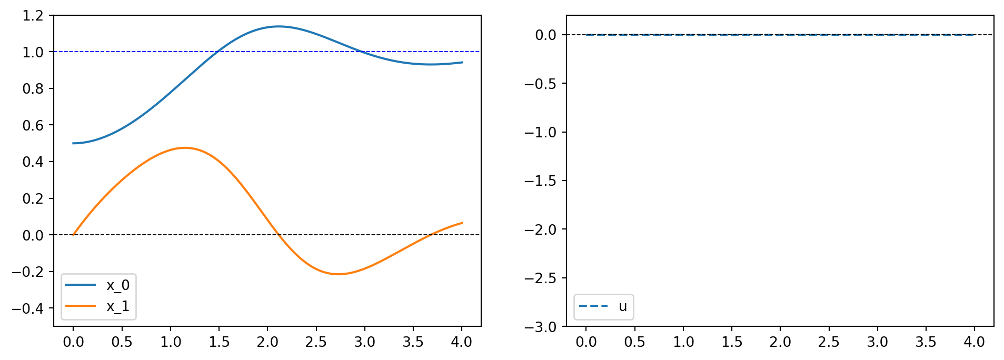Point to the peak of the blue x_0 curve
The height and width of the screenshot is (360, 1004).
pyautogui.click(x=278, y=26)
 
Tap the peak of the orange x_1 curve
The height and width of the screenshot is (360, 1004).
pyautogui.click(x=185, y=148)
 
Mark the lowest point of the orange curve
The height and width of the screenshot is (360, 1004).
pyautogui.click(x=338, y=274)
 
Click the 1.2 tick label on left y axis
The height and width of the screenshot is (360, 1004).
pyautogui.click(x=33, y=15)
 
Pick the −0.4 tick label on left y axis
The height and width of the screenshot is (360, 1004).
pyautogui.click(x=28, y=308)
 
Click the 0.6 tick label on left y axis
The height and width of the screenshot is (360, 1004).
pyautogui.click(x=33, y=125)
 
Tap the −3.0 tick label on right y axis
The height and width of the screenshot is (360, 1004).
pyautogui.click(x=540, y=327)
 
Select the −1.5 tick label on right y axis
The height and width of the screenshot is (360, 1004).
pyautogui.click(x=540, y=181)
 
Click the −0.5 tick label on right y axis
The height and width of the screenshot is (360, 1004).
pyautogui.click(x=540, y=83)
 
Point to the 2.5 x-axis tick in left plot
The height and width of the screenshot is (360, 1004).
pyautogui.click(x=316, y=342)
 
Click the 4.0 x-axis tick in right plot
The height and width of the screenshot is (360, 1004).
pyautogui.click(x=974, y=342)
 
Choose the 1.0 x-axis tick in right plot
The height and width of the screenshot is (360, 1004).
pyautogui.click(x=683, y=342)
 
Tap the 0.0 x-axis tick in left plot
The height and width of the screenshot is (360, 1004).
pyautogui.click(x=73, y=342)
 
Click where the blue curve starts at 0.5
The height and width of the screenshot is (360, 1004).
pyautogui.click(x=73, y=143)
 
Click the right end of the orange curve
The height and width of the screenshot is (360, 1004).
pyautogui.click(x=462, y=223)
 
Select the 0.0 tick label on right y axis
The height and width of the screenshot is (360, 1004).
pyautogui.click(x=545, y=35)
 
